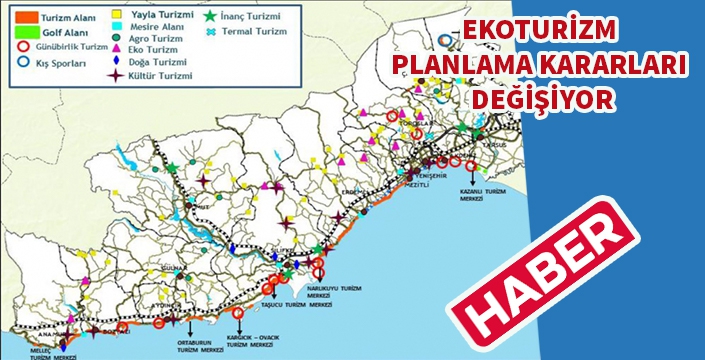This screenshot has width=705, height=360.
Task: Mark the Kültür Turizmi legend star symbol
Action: (x=119, y=74)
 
